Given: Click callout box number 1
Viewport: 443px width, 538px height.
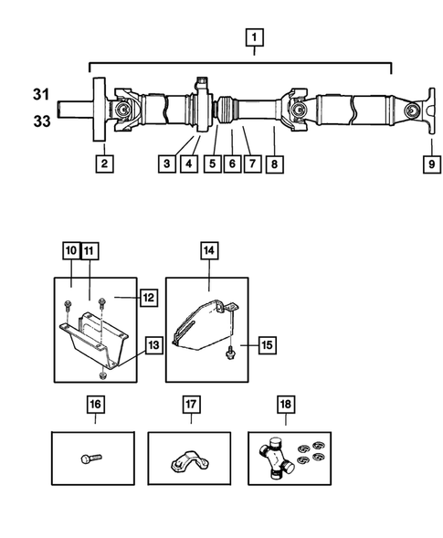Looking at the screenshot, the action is (x=254, y=37).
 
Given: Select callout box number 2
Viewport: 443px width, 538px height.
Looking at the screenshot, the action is (x=104, y=164).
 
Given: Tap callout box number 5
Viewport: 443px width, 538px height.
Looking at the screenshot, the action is (x=213, y=164).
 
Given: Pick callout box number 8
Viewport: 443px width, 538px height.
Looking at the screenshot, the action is (x=275, y=164).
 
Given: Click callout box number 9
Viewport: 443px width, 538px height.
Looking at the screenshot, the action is (x=432, y=164).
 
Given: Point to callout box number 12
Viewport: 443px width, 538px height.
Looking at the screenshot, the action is (x=149, y=298).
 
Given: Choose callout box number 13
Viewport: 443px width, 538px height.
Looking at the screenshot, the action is (x=153, y=345).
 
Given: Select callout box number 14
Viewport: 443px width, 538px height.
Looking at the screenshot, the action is (x=209, y=251).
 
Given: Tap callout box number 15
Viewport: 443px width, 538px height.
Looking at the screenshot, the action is (x=267, y=345).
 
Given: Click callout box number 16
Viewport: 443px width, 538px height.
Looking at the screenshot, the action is (x=95, y=405).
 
